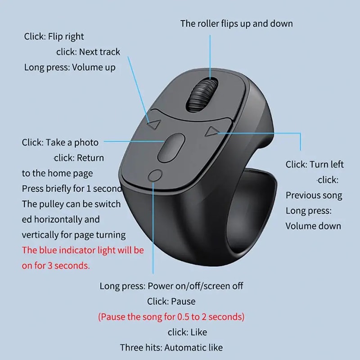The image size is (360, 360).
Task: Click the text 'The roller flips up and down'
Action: pos(236,23)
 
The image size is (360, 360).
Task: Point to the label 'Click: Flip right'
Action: pos(54,36)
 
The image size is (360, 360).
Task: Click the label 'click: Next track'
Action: pos(88,52)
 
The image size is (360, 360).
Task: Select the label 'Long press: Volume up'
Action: pos(70,67)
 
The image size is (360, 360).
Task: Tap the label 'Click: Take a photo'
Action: pos(60,142)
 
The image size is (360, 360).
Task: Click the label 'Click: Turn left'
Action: pos(315,164)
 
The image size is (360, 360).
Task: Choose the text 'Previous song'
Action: pos(314,195)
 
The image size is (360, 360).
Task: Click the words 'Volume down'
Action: pos(313,226)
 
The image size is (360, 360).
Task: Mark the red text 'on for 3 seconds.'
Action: pos(55,265)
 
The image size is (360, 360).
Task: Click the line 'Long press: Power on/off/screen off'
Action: pos(171,286)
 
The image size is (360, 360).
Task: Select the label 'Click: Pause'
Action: pos(171,301)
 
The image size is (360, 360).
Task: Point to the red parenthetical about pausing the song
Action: pos(171,317)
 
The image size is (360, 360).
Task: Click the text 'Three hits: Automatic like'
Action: pos(171,347)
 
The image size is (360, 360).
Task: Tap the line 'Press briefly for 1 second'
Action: pos(72,189)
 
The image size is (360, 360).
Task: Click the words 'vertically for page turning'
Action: pos(74,234)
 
